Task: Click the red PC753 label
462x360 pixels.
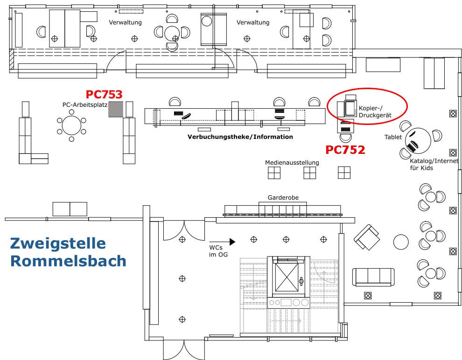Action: click(104, 95)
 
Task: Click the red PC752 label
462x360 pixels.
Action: click(345, 150)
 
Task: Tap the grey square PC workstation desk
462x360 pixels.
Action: click(116, 109)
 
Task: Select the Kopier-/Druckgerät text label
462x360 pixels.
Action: click(375, 111)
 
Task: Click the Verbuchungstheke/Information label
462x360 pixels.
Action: click(240, 137)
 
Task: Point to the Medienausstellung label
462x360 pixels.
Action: click(292, 163)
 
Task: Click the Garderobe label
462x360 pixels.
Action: click(283, 198)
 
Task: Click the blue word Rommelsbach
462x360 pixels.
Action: click(68, 261)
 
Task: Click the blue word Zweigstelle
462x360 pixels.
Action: click(58, 243)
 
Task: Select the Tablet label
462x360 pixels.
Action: click(393, 137)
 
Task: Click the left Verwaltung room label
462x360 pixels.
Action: click(126, 22)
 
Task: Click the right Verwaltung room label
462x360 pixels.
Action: click(253, 22)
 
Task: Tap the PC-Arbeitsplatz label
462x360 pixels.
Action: click(85, 105)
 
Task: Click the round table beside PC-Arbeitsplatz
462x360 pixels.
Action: click(71, 125)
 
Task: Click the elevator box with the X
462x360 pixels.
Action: click(287, 276)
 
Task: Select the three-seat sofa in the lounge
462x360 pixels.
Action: click(373, 277)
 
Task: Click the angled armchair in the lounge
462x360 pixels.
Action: click(368, 236)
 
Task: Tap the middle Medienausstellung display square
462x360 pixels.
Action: click(309, 173)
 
